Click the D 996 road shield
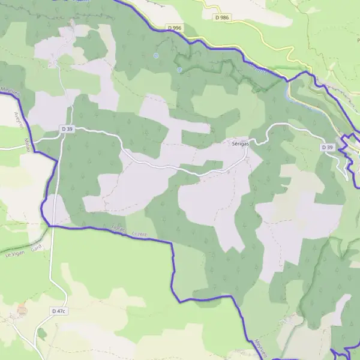coord(175,28)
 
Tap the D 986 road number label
coord(222,17)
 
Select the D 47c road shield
coord(58,311)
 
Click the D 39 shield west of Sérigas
coord(67,128)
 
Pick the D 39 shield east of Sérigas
coord(327,147)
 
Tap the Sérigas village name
coord(242,143)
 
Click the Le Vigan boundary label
coord(17,254)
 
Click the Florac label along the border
coord(117,229)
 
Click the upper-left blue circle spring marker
coord(156,56)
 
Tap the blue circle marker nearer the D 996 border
coord(179,70)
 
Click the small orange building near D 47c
coord(22,310)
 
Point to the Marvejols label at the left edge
coord(10,92)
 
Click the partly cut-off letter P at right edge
coord(358,40)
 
